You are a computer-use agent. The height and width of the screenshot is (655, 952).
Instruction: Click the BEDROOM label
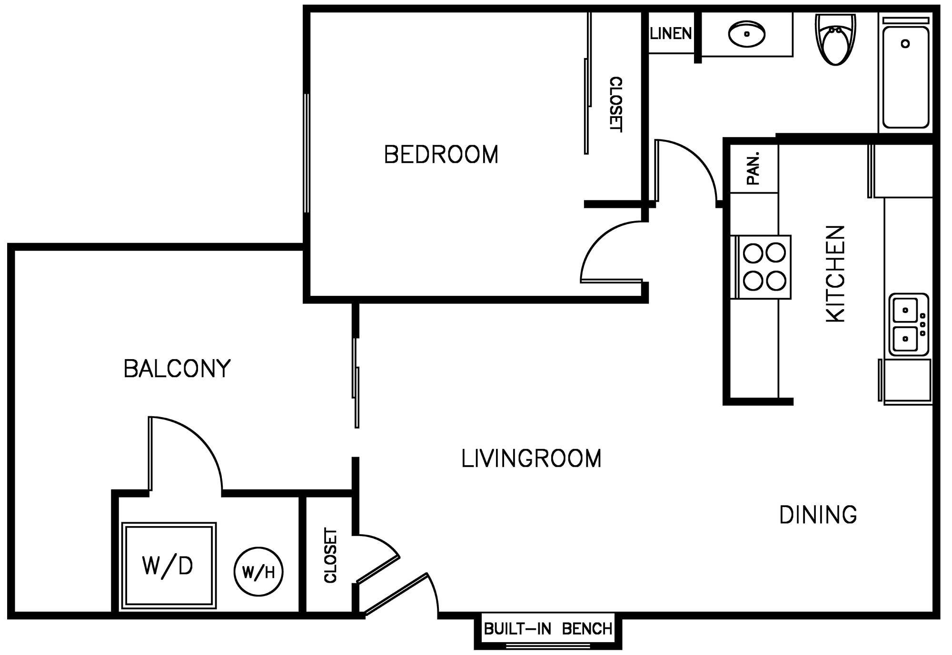[441, 155]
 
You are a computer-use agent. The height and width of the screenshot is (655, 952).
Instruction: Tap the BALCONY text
[177, 369]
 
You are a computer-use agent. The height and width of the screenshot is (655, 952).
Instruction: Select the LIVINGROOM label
[531, 459]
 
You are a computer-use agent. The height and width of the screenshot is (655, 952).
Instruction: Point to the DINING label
[818, 515]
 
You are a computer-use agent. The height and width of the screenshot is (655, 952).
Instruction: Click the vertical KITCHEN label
[836, 274]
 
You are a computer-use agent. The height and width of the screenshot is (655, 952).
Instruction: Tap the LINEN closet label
[671, 33]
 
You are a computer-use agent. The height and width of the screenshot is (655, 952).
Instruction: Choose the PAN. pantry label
[754, 168]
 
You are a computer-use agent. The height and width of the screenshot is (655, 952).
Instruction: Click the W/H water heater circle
[258, 571]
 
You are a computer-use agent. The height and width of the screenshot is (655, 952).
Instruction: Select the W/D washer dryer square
[169, 566]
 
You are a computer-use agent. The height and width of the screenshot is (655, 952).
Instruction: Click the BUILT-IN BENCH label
[548, 629]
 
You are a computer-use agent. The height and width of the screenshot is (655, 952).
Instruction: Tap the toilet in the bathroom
[835, 40]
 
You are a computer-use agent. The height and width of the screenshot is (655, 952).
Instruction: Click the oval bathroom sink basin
[747, 34]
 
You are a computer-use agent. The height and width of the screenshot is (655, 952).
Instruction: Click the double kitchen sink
[908, 324]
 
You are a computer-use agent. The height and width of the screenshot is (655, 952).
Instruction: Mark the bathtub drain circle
[905, 44]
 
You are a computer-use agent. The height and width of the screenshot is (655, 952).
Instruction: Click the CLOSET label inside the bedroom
[615, 104]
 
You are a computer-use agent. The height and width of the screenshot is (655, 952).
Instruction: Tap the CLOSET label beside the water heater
[330, 555]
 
